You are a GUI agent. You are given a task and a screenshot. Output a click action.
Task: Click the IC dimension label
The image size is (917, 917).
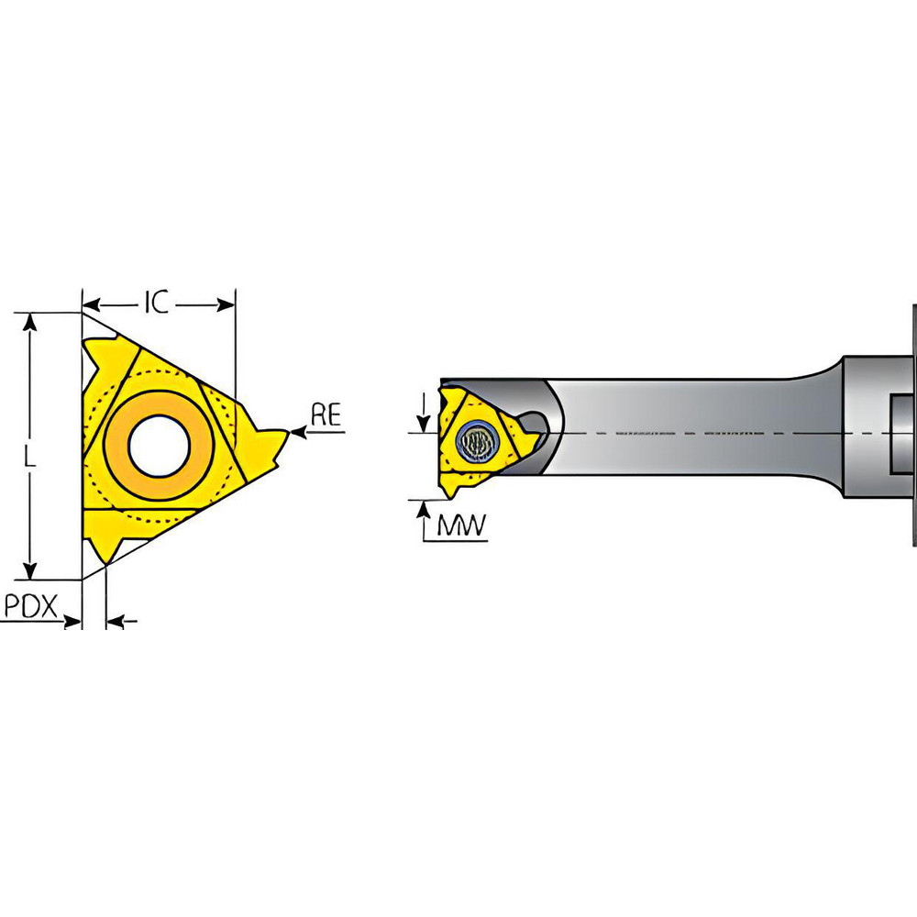point(158,304)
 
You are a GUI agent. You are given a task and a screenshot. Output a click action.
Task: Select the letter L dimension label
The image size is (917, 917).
point(30,463)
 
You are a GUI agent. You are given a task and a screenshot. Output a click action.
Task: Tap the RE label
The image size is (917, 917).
point(326,415)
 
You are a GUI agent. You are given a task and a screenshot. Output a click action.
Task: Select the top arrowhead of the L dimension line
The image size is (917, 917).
point(31,321)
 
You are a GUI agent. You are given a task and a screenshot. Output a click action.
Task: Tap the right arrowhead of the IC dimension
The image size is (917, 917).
point(227,304)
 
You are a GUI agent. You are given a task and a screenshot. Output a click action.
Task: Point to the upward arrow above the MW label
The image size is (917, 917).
point(423,510)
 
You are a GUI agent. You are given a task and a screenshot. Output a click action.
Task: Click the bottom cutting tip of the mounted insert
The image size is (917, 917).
point(451,493)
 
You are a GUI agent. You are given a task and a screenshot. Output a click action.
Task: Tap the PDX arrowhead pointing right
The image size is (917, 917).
point(73,623)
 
